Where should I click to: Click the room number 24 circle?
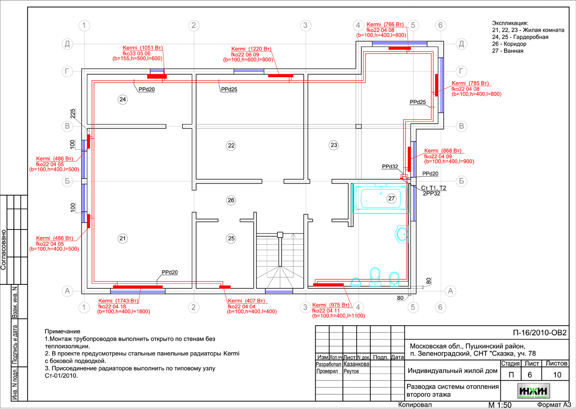pyautogui.click(x=123, y=99)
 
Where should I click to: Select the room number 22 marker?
pyautogui.click(x=231, y=145)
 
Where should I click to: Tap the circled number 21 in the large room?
pyautogui.click(x=123, y=239)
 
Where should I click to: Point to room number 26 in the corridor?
pyautogui.click(x=231, y=200)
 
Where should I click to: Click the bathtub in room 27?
pyautogui.click(x=380, y=199)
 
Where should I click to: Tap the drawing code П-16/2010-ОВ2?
pyautogui.click(x=539, y=332)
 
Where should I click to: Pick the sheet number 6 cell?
pyautogui.click(x=530, y=374)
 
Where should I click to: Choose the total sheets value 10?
pyautogui.click(x=557, y=374)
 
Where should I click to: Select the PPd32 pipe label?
pyautogui.click(x=390, y=167)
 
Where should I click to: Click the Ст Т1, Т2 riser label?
pyautogui.click(x=434, y=188)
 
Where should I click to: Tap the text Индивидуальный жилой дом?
pyautogui.click(x=452, y=371)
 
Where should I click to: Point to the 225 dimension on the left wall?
pyautogui.click(x=73, y=113)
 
